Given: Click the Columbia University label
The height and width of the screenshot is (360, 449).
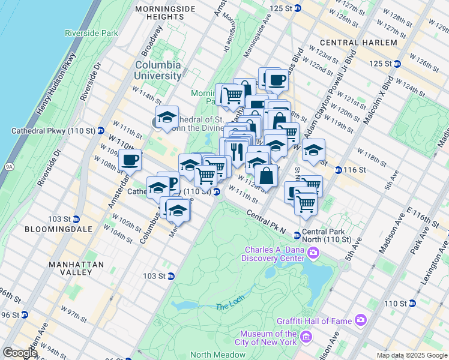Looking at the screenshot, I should click(x=158, y=70).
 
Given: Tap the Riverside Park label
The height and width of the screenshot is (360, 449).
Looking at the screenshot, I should click(x=91, y=33).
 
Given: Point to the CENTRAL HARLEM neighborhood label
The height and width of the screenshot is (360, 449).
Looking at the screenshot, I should click(x=358, y=43).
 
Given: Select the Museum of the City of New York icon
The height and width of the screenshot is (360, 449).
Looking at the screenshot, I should click(x=306, y=338).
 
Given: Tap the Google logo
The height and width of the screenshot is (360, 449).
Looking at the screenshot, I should click(x=20, y=352).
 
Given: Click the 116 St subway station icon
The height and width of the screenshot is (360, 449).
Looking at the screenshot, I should click(x=338, y=170).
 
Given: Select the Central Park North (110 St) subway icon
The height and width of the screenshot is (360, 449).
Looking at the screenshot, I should click(x=297, y=235).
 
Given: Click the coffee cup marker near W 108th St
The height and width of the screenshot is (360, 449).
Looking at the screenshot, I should click(x=130, y=161).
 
